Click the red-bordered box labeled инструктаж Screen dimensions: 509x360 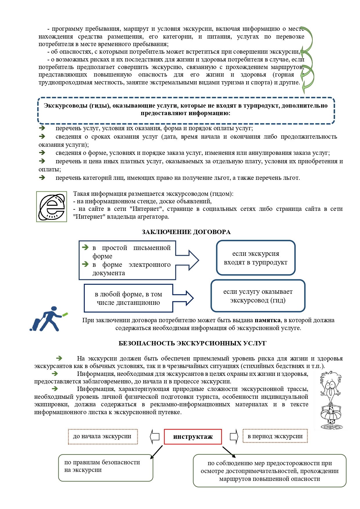click(x=193, y=436)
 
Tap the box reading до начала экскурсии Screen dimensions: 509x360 click(x=103, y=436)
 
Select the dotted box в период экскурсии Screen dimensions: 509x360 click(x=275, y=436)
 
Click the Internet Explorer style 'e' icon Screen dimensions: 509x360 click(x=52, y=207)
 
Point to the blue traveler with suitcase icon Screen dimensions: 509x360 click(x=48, y=319)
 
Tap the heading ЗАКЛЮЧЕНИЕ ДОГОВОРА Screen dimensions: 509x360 click(x=186, y=232)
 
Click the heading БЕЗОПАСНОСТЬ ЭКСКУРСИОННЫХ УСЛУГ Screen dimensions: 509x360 click(x=192, y=343)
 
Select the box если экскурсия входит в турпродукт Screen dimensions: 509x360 click(x=256, y=258)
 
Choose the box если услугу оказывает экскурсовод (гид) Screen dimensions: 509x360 click(x=258, y=296)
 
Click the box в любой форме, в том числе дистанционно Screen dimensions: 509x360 click(x=128, y=298)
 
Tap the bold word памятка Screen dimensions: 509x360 click(x=267, y=320)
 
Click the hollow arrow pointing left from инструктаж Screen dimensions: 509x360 click(x=155, y=436)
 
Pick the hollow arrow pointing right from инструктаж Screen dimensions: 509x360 click(x=234, y=436)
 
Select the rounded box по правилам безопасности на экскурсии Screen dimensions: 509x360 click(x=106, y=468)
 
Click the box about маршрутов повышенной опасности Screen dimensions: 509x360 click(x=269, y=471)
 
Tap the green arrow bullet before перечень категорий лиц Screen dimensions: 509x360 click(x=42, y=177)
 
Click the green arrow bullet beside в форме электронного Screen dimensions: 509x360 click(x=85, y=264)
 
